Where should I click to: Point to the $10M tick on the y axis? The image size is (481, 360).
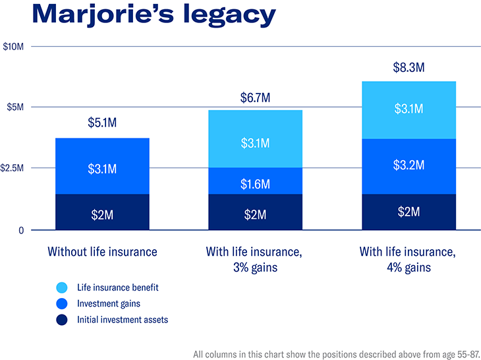[14, 47]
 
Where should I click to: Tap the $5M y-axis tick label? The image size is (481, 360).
[16, 107]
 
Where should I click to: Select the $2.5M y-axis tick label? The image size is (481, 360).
[14, 168]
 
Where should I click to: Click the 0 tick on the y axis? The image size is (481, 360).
[20, 230]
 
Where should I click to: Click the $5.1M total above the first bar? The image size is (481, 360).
[102, 123]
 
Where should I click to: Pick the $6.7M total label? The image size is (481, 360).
[255, 98]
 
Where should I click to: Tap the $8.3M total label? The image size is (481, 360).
[409, 67]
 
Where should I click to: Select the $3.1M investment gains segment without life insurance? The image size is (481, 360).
[102, 169]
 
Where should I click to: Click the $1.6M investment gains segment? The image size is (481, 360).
[255, 184]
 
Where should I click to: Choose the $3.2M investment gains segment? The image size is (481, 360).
[409, 165]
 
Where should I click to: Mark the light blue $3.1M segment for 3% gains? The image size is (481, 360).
[255, 142]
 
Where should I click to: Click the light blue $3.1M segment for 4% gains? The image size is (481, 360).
[409, 109]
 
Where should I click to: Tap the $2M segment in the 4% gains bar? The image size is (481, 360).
[409, 212]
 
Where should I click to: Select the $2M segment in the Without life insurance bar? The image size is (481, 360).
[102, 214]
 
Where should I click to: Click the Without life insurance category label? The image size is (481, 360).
[102, 251]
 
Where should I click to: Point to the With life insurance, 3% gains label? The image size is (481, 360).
[255, 259]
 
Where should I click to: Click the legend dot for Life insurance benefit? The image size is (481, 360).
[61, 287]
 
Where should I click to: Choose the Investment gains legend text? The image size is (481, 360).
[109, 303]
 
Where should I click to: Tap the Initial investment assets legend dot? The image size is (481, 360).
[61, 320]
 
